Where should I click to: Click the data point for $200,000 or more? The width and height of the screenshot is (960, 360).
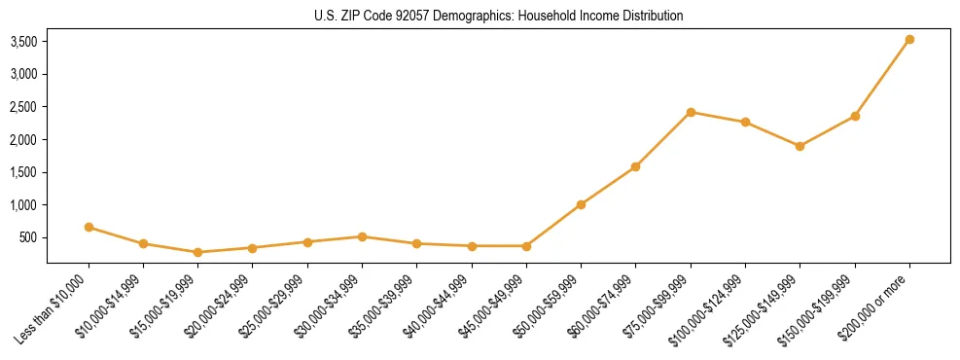point(909,40)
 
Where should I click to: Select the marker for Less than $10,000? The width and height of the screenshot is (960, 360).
point(89,227)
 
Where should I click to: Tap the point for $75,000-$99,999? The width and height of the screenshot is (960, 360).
point(691,112)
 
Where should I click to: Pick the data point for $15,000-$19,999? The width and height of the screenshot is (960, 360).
point(197,252)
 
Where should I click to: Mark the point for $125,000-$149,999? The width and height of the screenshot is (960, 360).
point(800,146)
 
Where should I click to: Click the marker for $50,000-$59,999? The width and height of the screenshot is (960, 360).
point(581,204)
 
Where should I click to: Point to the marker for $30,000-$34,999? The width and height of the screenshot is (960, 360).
point(362,236)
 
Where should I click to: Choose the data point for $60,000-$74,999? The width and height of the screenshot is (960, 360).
point(635,166)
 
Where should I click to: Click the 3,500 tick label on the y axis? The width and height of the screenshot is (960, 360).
point(23,42)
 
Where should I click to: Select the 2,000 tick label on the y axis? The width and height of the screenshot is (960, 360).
point(23,140)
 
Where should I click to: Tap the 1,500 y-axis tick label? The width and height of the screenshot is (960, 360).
point(23,172)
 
